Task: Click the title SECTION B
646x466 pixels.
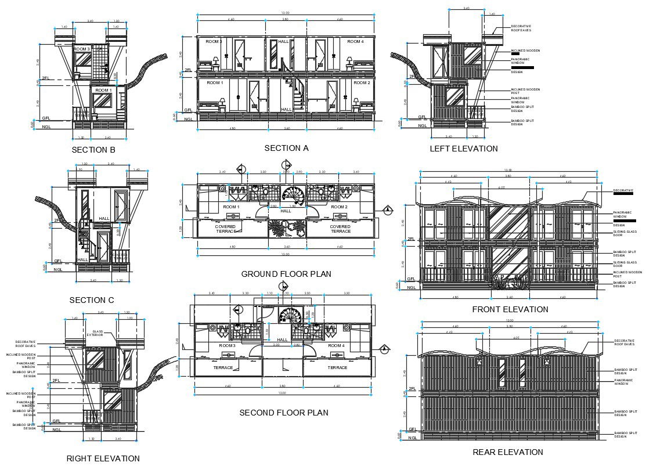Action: (x=93, y=150)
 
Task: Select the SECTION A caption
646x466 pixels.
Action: (x=286, y=148)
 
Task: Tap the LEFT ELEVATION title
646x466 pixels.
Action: (x=463, y=149)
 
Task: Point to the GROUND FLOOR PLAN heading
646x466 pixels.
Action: (x=286, y=273)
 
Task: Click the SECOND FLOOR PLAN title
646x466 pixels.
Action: (x=284, y=413)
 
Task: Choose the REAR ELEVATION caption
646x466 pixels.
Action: (x=507, y=452)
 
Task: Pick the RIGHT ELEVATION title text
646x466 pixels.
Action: (x=103, y=458)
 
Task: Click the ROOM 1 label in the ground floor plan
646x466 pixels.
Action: (x=230, y=207)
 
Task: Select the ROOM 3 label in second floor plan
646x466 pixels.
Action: (x=227, y=345)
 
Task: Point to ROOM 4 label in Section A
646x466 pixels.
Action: (x=355, y=42)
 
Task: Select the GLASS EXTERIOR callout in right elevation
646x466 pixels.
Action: (x=95, y=333)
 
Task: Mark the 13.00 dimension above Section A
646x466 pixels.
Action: (x=284, y=13)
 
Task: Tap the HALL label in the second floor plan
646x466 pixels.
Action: (x=282, y=340)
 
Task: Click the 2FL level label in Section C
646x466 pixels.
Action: (x=57, y=221)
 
